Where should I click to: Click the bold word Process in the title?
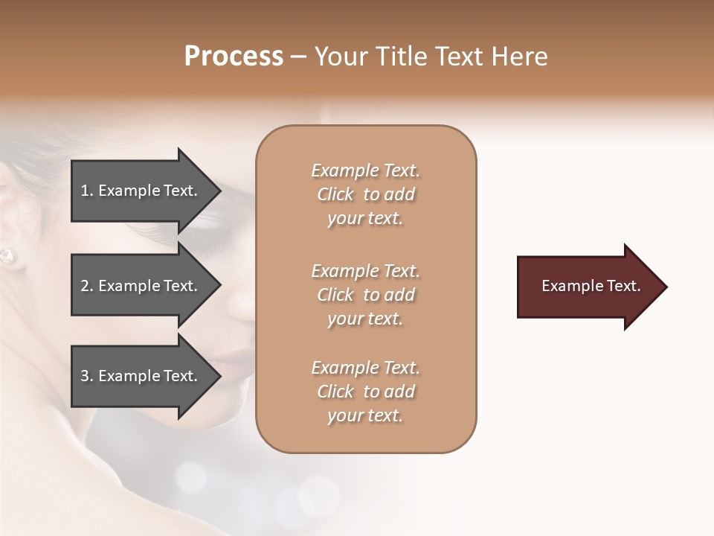click(x=234, y=57)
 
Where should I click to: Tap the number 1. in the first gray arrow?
click(x=87, y=191)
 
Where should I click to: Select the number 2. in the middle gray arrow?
click(x=87, y=286)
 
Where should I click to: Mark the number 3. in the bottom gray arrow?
click(x=87, y=376)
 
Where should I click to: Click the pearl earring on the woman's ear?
click(x=7, y=255)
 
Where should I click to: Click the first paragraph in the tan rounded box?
click(x=365, y=194)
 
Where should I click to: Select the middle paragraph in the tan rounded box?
click(x=365, y=295)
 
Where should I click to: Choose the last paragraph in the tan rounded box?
click(x=365, y=392)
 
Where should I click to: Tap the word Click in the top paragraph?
click(x=335, y=194)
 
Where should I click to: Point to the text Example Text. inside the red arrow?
click(x=591, y=286)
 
